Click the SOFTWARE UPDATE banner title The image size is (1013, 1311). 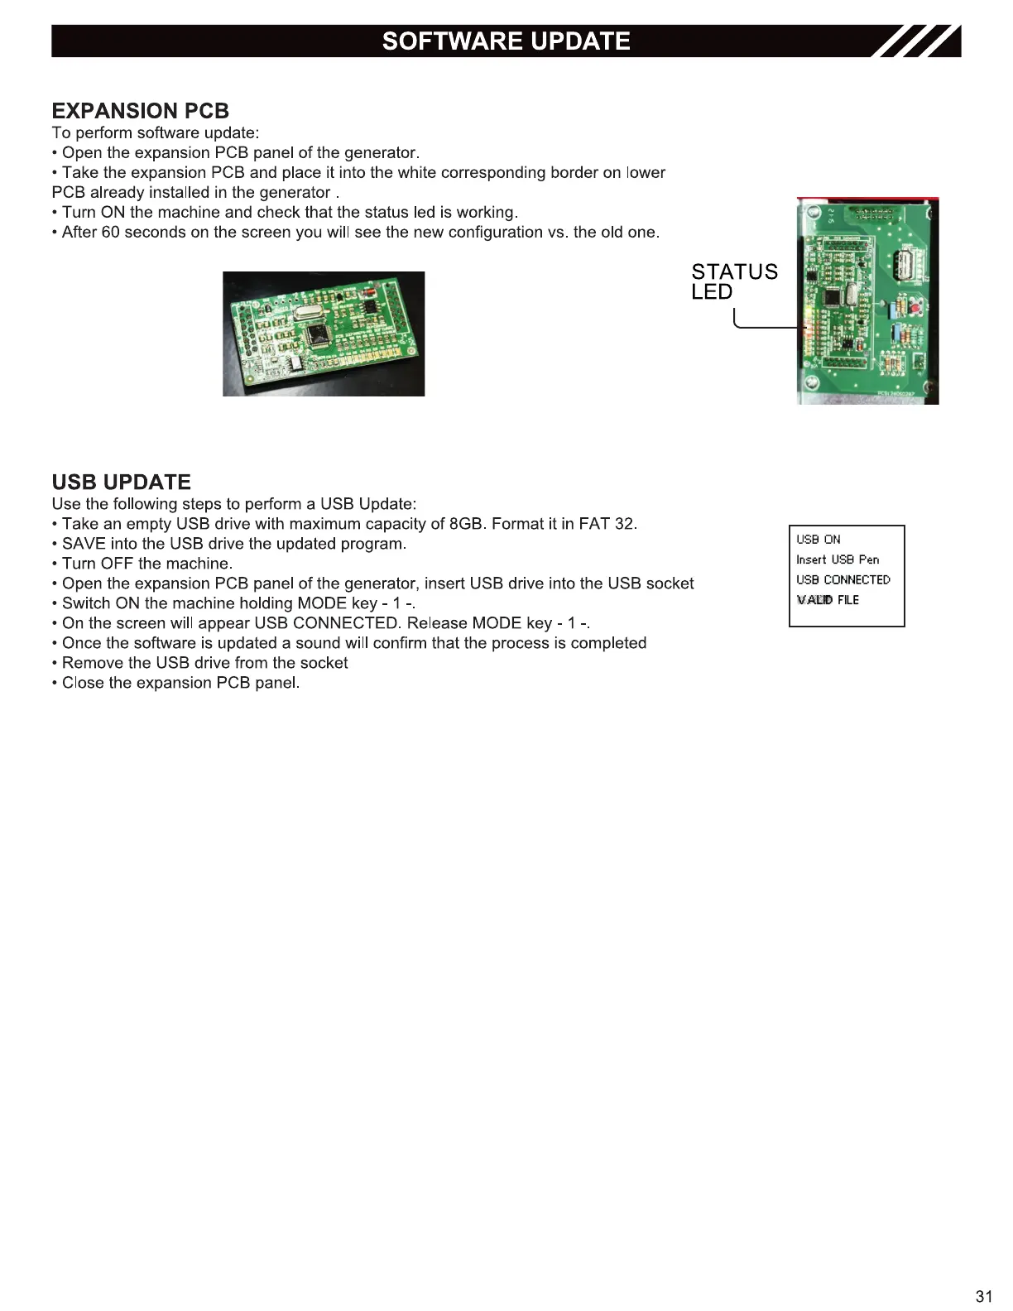(506, 41)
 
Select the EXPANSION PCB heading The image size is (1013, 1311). (140, 111)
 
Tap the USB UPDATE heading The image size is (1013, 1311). (121, 482)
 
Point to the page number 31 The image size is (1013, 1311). (983, 1296)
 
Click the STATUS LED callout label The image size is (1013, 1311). (733, 281)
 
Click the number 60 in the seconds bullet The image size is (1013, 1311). (111, 233)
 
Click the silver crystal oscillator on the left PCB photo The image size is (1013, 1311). (303, 312)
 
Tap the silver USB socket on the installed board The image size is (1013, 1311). (903, 267)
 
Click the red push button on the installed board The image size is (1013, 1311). (916, 309)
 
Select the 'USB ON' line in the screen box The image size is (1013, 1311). (818, 540)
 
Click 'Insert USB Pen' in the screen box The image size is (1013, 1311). (838, 559)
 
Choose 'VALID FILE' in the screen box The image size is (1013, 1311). (828, 600)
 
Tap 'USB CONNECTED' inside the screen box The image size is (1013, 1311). (843, 580)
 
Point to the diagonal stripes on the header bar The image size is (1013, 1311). (919, 41)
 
